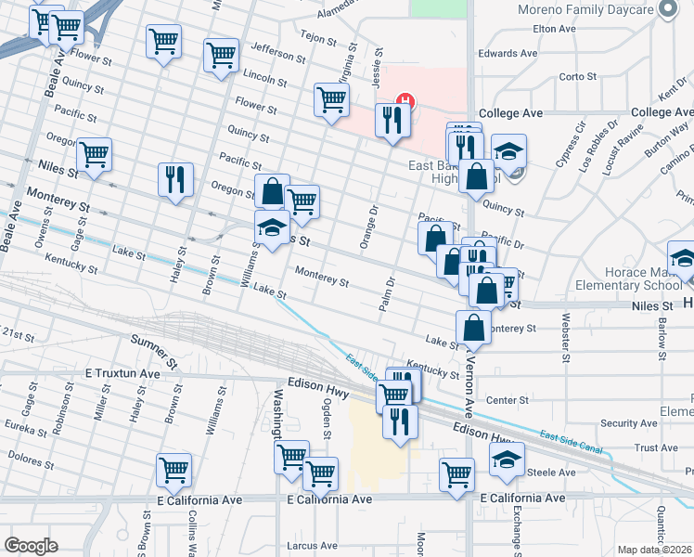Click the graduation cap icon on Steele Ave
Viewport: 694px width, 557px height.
(507, 459)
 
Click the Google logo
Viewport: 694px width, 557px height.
(31, 546)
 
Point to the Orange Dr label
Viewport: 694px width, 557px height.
(371, 220)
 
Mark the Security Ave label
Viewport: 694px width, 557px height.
(627, 423)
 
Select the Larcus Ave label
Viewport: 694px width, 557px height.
(313, 546)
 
